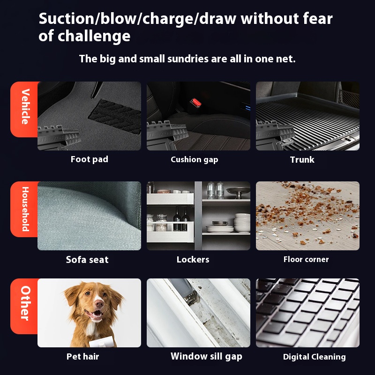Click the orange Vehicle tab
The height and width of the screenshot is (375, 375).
pyautogui.click(x=24, y=109)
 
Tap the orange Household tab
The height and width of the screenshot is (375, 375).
pyautogui.click(x=24, y=209)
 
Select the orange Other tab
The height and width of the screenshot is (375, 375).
pyautogui.click(x=24, y=306)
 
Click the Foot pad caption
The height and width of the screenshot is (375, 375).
pyautogui.click(x=90, y=159)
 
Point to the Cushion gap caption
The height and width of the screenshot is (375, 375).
pyautogui.click(x=195, y=160)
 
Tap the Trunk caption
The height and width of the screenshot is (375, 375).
pyautogui.click(x=302, y=159)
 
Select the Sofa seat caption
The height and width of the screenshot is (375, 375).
pyautogui.click(x=87, y=260)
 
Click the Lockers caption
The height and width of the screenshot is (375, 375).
pyautogui.click(x=193, y=260)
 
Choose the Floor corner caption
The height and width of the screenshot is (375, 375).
pyautogui.click(x=306, y=259)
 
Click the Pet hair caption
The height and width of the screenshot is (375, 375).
pyautogui.click(x=83, y=357)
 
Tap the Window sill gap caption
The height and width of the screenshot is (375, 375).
pyautogui.click(x=206, y=356)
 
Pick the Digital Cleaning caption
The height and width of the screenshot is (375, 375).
pyautogui.click(x=315, y=357)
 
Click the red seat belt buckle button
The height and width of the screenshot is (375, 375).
pyautogui.click(x=196, y=103)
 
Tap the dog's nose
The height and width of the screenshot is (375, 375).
pyautogui.click(x=99, y=303)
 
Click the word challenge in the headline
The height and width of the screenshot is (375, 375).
pyautogui.click(x=94, y=37)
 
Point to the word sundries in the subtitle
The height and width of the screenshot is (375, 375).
pyautogui.click(x=188, y=59)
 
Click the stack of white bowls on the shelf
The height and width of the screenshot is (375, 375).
pyautogui.click(x=242, y=222)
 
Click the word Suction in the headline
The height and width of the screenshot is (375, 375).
pyautogui.click(x=67, y=18)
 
